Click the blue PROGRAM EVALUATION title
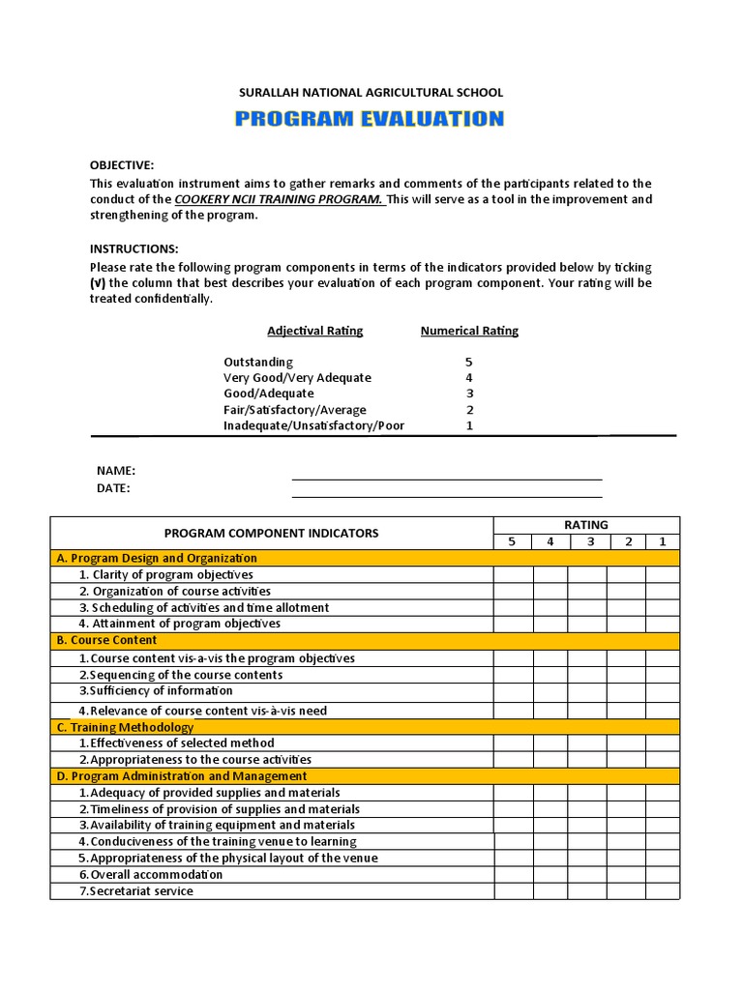[x=371, y=120]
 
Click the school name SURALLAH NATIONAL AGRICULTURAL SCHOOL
[x=371, y=93]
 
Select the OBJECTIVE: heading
[x=122, y=166]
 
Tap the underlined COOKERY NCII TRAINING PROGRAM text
[x=280, y=199]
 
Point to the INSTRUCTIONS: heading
[x=134, y=248]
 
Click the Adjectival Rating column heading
[x=314, y=331]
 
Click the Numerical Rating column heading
[x=469, y=331]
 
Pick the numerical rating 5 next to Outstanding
[x=469, y=362]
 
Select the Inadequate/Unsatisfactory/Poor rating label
[x=313, y=425]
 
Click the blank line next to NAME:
[x=447, y=473]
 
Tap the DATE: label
[x=113, y=488]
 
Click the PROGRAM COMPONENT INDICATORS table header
[x=271, y=533]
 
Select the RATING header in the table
[x=586, y=525]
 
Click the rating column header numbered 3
[x=589, y=541]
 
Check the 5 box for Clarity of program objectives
[x=513, y=574]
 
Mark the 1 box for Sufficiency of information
[x=663, y=691]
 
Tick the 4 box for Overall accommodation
[x=550, y=874]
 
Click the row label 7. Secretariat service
[x=136, y=890]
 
